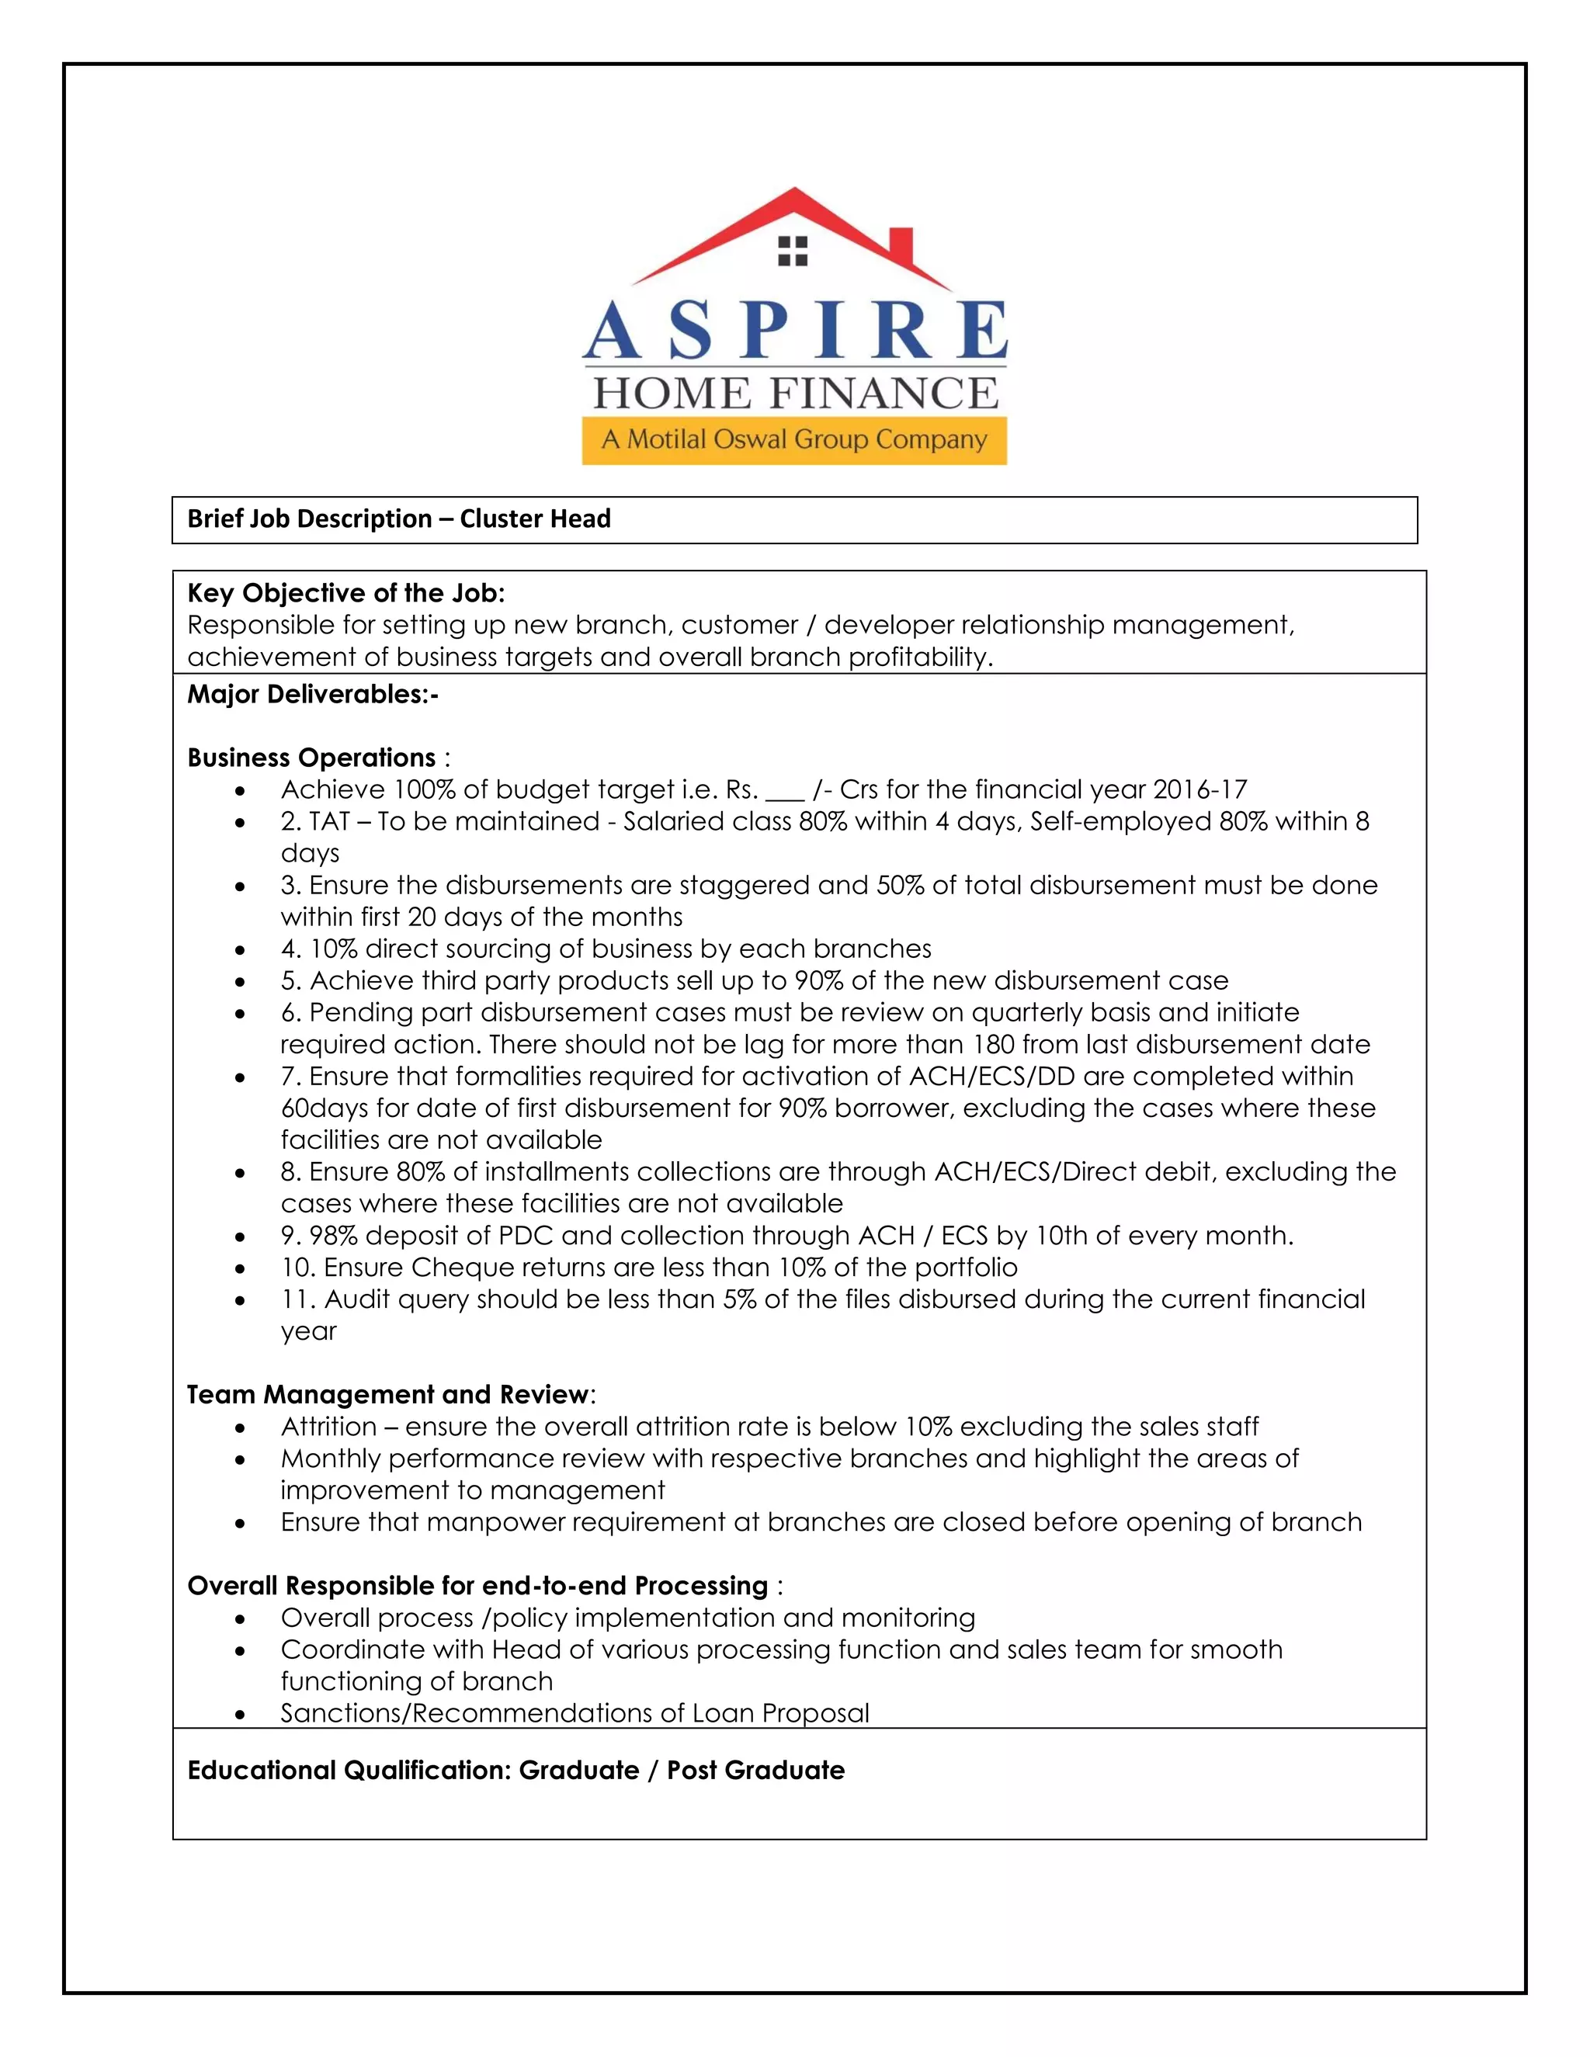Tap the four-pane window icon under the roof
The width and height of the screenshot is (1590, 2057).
coord(793,251)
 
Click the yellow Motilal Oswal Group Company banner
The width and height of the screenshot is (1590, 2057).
coord(794,440)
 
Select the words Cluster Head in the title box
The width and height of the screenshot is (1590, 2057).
coord(535,519)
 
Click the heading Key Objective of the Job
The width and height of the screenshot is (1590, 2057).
coord(345,593)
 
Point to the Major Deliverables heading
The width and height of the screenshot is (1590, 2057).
coord(313,695)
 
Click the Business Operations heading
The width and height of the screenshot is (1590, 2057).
coord(312,758)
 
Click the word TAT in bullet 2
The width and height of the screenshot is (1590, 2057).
coord(330,821)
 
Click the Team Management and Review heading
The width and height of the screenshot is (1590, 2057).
coord(388,1395)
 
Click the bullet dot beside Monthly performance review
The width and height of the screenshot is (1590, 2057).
coord(241,1461)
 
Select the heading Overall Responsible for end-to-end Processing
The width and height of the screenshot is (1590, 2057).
coord(477,1586)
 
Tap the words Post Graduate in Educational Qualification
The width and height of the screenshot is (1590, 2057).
coord(755,1771)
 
